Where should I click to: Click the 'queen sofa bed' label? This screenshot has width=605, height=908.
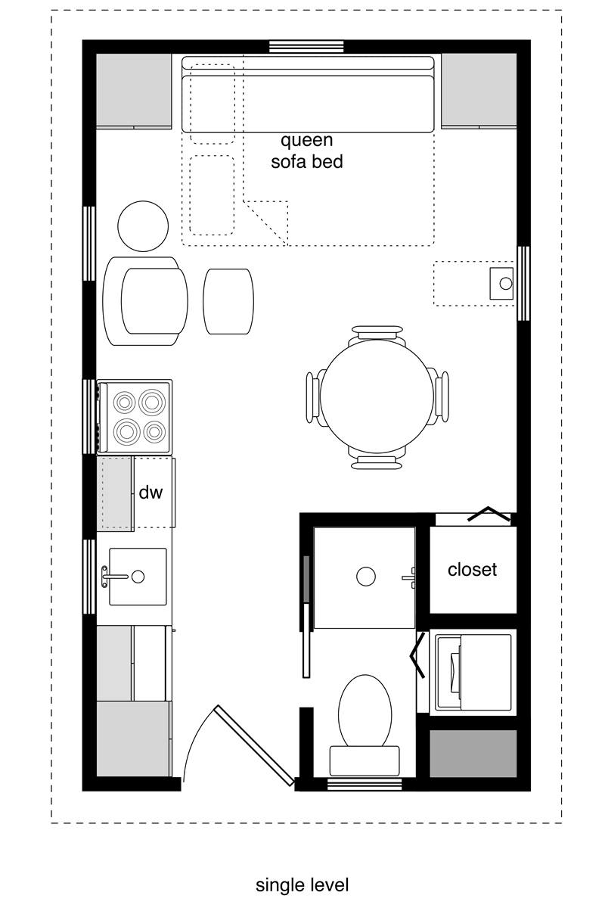pyautogui.click(x=307, y=151)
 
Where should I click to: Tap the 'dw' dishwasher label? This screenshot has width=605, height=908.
pyautogui.click(x=150, y=493)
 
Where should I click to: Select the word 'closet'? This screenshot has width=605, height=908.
pyautogui.click(x=472, y=570)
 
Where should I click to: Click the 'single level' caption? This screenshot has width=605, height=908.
pyautogui.click(x=302, y=885)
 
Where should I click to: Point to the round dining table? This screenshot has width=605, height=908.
pyautogui.click(x=377, y=396)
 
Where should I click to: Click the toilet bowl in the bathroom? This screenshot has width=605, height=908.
pyautogui.click(x=365, y=711)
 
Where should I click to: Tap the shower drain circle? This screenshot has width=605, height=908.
pyautogui.click(x=365, y=576)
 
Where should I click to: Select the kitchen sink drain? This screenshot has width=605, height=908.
pyautogui.click(x=138, y=577)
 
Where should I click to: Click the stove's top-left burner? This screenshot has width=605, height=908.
pyautogui.click(x=124, y=403)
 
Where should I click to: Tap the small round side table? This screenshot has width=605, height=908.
pyautogui.click(x=143, y=226)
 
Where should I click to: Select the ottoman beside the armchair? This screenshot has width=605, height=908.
pyautogui.click(x=228, y=301)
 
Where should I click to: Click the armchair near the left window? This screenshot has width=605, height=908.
pyautogui.click(x=145, y=301)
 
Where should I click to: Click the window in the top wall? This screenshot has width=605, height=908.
pyautogui.click(x=306, y=47)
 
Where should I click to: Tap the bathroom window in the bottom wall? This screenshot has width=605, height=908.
pyautogui.click(x=365, y=785)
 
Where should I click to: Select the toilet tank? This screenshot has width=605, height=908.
pyautogui.click(x=365, y=761)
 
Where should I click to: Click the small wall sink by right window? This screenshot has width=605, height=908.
pyautogui.click(x=501, y=283)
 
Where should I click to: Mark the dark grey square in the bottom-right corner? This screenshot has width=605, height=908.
pyautogui.click(x=473, y=754)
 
